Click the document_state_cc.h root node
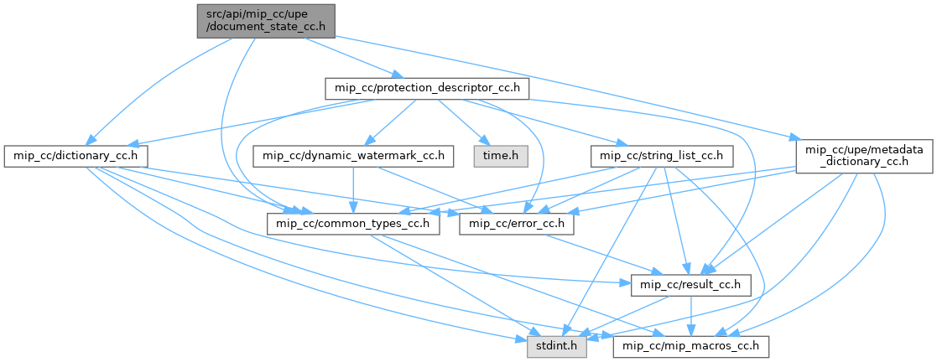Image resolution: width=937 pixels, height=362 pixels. click(x=266, y=20)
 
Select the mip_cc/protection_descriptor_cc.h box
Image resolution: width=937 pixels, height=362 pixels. click(x=426, y=88)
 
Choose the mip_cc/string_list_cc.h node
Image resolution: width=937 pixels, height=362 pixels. click(x=663, y=156)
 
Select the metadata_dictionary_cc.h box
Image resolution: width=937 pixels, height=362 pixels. click(x=862, y=156)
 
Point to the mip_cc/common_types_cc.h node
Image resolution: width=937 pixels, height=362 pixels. click(x=353, y=224)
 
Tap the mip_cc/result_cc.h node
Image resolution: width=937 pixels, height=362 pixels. click(x=690, y=285)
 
